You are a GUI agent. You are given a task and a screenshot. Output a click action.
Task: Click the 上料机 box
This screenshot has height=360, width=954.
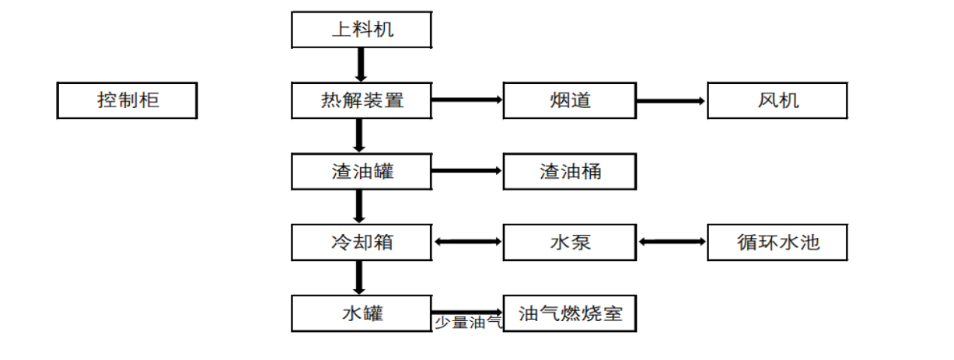coord(362,30)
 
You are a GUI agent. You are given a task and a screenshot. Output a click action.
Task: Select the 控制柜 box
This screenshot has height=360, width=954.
coord(127,100)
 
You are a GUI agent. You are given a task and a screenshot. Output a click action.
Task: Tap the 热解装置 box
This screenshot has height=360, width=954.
coord(362,100)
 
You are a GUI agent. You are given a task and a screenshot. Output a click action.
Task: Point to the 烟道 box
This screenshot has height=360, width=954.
coord(569,100)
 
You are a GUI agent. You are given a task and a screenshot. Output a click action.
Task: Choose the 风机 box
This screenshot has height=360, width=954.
coord(777,100)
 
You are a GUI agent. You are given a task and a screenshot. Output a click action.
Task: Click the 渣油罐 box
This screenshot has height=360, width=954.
coord(362,171)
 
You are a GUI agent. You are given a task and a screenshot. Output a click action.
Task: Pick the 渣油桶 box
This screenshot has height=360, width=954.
coord(569,171)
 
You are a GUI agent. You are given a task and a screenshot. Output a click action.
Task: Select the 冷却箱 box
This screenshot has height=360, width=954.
coord(362,242)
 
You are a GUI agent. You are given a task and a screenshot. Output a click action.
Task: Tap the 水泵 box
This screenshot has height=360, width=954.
coord(569,242)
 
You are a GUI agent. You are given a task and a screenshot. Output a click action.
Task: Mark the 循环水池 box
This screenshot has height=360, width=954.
coord(777,242)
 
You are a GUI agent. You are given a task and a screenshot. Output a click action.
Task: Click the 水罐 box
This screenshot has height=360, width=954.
coord(362,313)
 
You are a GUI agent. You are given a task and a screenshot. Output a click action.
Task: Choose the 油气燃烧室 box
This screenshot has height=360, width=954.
coord(569,313)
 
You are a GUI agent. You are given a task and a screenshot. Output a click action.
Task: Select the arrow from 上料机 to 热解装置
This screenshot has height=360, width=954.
coord(360,65)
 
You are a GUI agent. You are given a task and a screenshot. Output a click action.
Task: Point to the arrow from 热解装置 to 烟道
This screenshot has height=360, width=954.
coord(467,100)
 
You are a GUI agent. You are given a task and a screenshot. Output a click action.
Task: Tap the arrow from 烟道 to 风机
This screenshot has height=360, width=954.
coord(671,100)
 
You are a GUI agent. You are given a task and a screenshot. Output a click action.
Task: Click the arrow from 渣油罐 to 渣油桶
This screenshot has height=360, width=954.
coord(467,171)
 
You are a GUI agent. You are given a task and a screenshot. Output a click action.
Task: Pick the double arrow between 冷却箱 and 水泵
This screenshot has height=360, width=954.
coord(467,242)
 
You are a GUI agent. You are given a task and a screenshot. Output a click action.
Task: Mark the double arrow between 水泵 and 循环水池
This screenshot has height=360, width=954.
coord(671,242)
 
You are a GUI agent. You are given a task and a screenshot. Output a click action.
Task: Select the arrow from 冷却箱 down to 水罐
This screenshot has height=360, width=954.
coord(359,278)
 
